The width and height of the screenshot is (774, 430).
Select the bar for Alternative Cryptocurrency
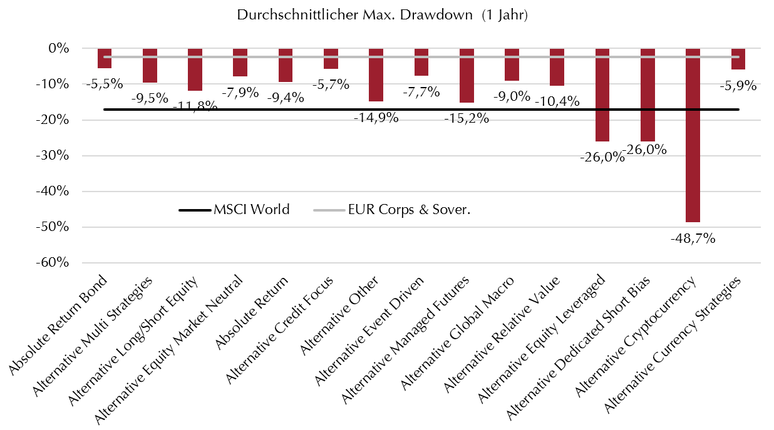tap(693, 135)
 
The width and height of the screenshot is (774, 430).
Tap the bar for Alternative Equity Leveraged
tap(602, 95)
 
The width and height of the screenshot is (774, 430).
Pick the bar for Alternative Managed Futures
tap(467, 75)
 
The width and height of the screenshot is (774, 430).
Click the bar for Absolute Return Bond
tap(105, 58)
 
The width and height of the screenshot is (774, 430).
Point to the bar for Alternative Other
tap(376, 74)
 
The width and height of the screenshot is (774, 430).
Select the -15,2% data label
tap(467, 117)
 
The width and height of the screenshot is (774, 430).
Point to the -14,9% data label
tap(376, 116)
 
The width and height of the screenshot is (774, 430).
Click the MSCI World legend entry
tap(234, 210)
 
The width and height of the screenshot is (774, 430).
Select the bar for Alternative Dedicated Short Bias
tap(648, 95)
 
